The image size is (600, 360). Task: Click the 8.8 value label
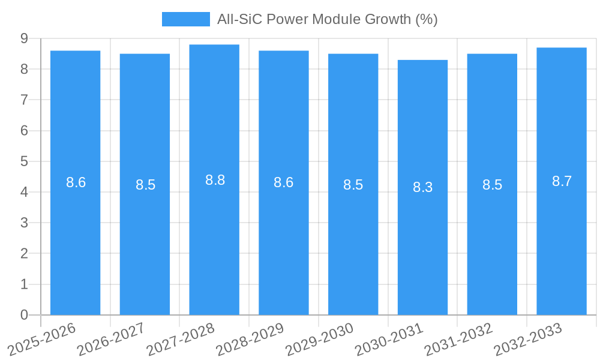tap(215, 180)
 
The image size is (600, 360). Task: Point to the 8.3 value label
tap(422, 187)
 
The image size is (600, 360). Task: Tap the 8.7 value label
tap(562, 181)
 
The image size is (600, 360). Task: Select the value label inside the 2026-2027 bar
tap(145, 185)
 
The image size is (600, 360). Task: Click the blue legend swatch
tap(186, 19)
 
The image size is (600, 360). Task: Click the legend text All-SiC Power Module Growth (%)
tap(327, 19)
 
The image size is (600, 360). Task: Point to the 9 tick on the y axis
tap(24, 38)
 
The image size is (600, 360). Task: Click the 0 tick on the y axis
tap(24, 315)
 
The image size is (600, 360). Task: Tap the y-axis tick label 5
tap(24, 161)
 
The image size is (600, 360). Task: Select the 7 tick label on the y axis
tap(24, 100)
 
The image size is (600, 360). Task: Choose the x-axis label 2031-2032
tap(458, 340)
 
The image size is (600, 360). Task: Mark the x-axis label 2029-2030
tap(320, 340)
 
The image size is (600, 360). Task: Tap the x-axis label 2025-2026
tap(42, 340)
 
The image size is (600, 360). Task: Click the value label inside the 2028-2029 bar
tap(283, 182)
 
